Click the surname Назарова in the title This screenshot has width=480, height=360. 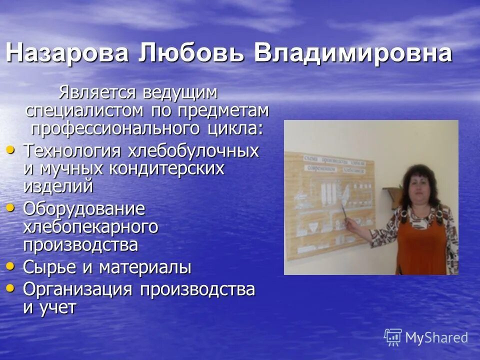pos(67,53)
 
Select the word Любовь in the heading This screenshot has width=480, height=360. pos(191,53)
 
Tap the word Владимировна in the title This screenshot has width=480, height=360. pos(353,53)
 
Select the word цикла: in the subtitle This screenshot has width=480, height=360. pos(235,128)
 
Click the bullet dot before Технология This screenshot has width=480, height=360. pos(10,149)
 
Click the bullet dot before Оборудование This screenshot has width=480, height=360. pos(10,206)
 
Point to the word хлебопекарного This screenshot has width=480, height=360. pos(90,226)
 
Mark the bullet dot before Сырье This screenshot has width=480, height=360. pos(10,266)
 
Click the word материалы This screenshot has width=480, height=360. pos(144,267)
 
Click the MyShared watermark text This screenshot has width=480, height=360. pos(436,338)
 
